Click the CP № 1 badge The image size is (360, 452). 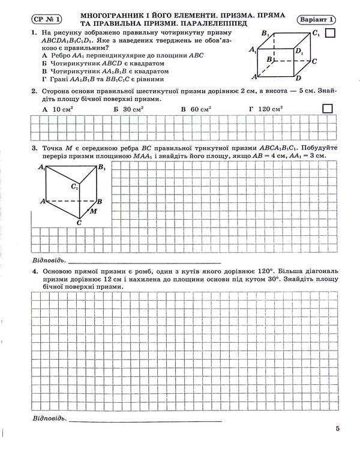(47, 18)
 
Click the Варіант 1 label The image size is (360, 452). (317, 18)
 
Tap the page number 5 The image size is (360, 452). (338, 428)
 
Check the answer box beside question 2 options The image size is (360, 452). (328, 109)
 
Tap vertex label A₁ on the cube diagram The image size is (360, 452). (253, 51)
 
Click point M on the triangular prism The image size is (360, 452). (93, 211)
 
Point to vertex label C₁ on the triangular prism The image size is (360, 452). (74, 187)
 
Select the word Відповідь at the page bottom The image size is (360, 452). (48, 417)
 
